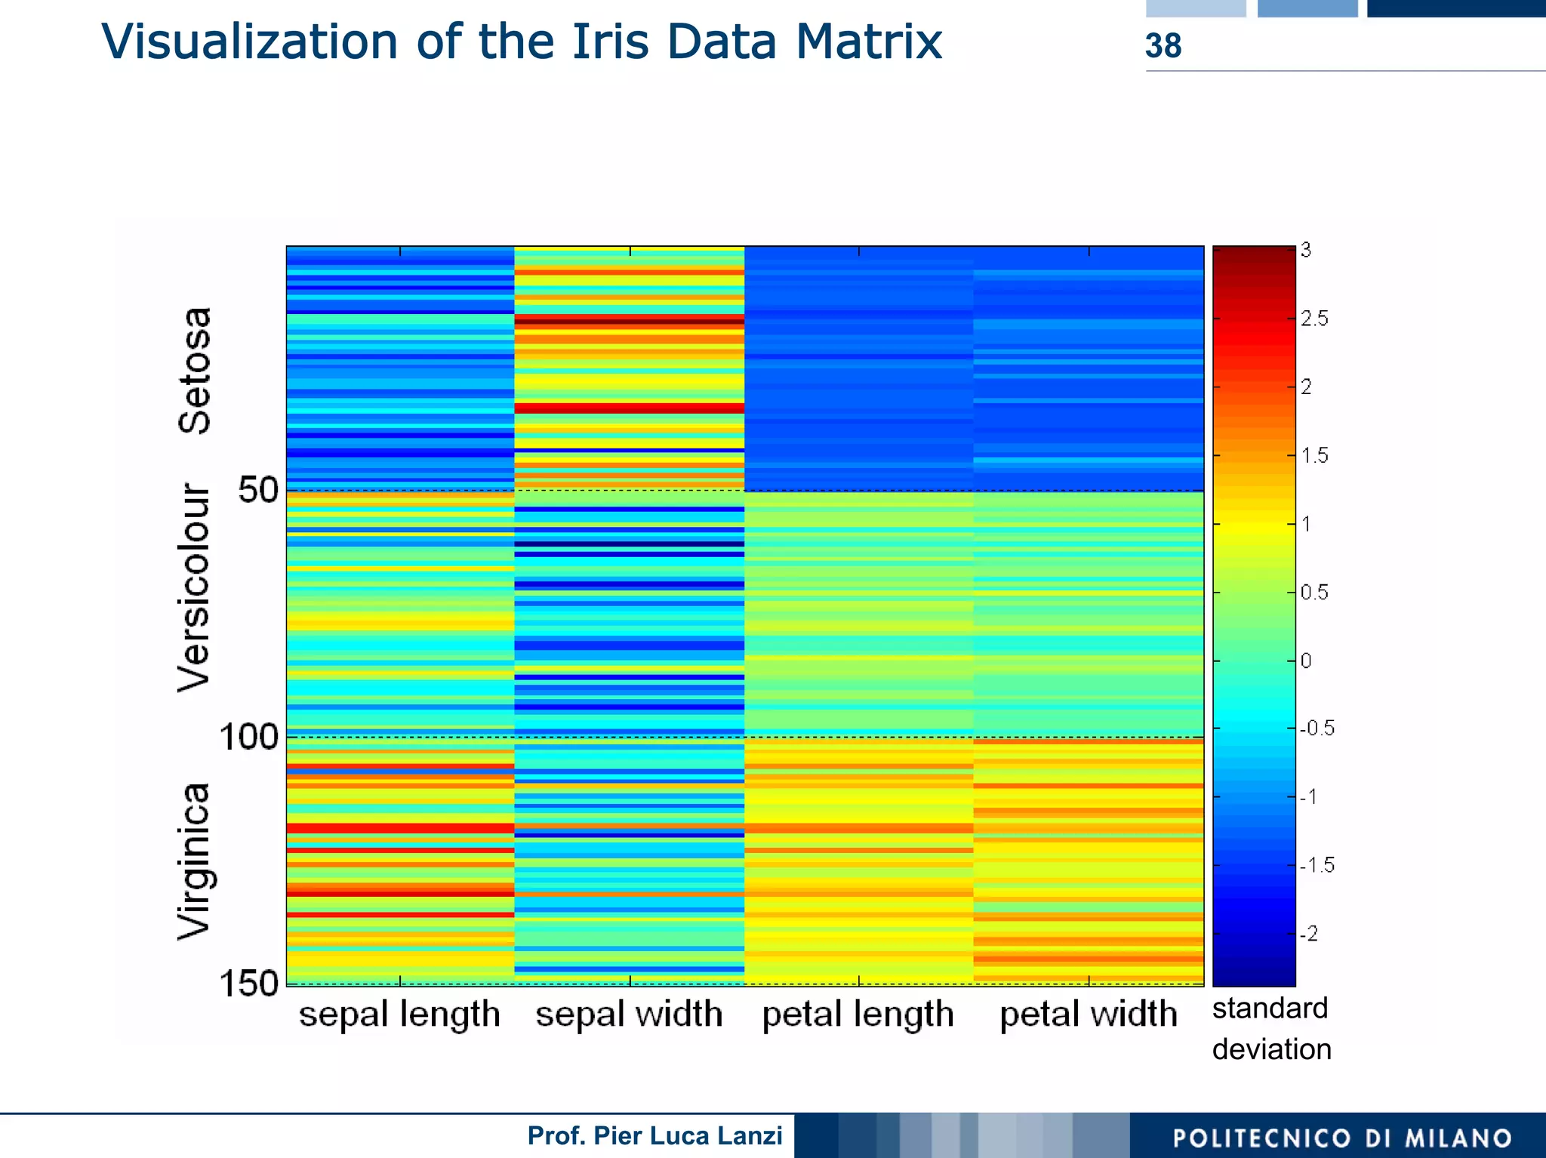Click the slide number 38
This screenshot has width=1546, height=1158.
[x=1163, y=46]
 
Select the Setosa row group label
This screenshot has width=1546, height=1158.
[x=194, y=371]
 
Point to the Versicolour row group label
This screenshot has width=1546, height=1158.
[x=193, y=588]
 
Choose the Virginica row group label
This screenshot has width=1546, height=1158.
[x=193, y=862]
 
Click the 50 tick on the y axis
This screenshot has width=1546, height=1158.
[x=258, y=491]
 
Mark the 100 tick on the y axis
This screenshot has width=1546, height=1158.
[x=248, y=737]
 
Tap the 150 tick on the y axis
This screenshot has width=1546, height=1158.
[x=248, y=984]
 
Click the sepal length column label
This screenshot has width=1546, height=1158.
[x=399, y=1014]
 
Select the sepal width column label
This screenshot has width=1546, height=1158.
[x=629, y=1014]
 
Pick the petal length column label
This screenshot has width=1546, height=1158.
[x=858, y=1014]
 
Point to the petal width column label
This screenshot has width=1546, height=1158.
[x=1088, y=1014]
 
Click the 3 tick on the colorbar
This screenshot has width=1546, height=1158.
[x=1306, y=250]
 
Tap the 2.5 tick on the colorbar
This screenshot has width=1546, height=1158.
[x=1313, y=319]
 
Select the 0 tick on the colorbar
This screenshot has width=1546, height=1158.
[x=1306, y=661]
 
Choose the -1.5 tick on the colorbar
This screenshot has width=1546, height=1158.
[x=1317, y=865]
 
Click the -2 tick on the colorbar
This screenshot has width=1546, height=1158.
[x=1310, y=934]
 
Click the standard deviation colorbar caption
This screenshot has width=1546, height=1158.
[x=1271, y=1029]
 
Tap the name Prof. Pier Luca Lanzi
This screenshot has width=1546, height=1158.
[x=654, y=1135]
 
